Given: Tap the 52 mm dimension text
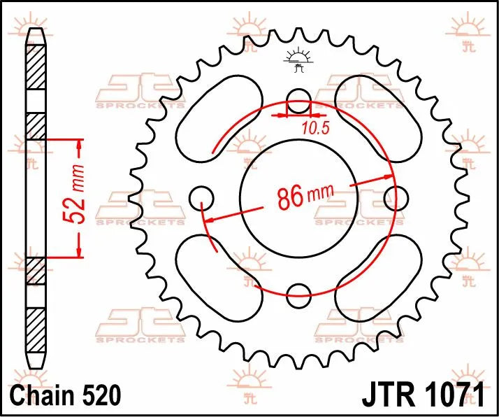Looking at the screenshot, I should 79,197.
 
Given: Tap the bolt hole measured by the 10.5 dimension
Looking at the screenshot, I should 298,99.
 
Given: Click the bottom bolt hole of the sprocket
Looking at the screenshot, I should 298,292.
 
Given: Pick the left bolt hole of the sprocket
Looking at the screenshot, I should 201,196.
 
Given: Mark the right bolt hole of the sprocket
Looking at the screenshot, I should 396,196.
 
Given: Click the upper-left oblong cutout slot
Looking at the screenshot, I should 212,116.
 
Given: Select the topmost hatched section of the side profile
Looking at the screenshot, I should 35,69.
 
